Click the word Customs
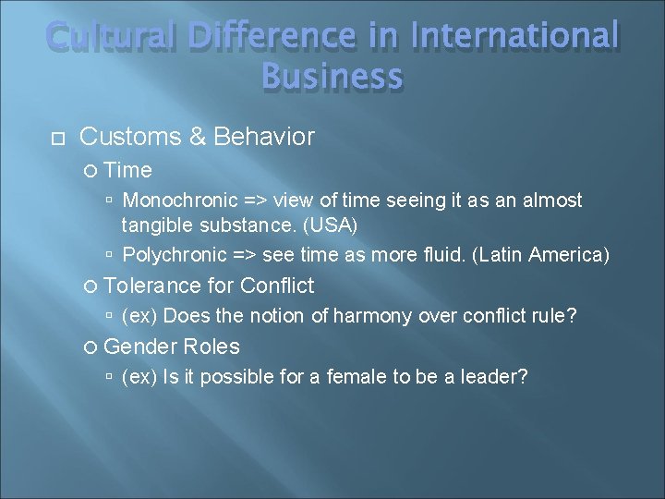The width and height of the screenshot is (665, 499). coord(129,138)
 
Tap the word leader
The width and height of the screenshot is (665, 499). coord(493,377)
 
